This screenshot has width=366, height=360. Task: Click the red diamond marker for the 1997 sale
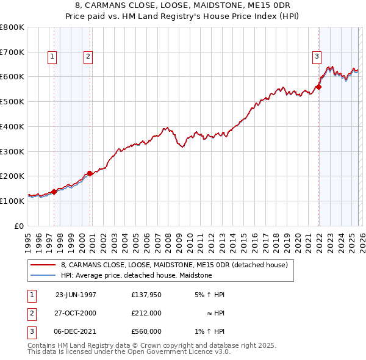click(x=54, y=192)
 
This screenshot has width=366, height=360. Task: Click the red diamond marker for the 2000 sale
click(x=90, y=173)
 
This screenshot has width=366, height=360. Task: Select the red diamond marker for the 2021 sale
click(x=318, y=87)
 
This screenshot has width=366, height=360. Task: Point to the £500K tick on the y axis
click(x=12, y=101)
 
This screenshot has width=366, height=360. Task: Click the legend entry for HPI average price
click(x=136, y=275)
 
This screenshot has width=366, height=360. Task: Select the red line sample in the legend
click(x=43, y=265)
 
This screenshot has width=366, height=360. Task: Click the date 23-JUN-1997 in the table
click(x=76, y=295)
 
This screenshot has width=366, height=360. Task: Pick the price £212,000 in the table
click(x=146, y=313)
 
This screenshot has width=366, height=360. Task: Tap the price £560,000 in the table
click(x=146, y=331)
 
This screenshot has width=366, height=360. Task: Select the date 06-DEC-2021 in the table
click(x=76, y=331)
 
